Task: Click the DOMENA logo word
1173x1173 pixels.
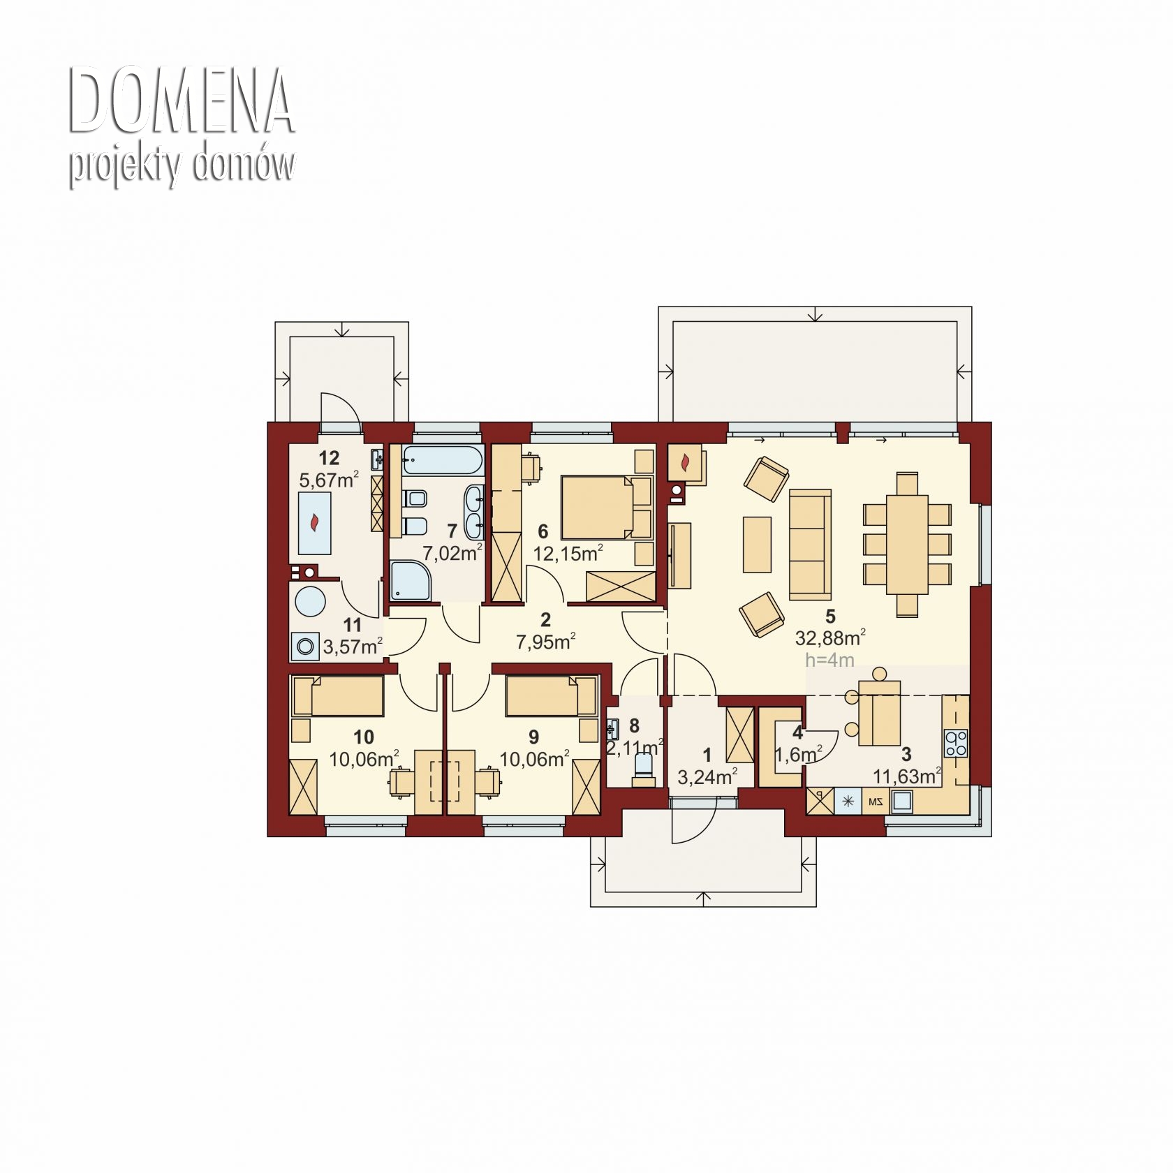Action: click(x=182, y=101)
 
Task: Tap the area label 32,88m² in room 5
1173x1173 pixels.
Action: click(x=830, y=637)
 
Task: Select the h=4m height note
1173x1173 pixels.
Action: click(x=829, y=660)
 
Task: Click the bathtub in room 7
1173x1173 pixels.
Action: click(x=442, y=461)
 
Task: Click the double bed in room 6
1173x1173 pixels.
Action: click(x=606, y=507)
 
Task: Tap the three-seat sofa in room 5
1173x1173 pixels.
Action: click(x=810, y=545)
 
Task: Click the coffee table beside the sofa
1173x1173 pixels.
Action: click(x=757, y=545)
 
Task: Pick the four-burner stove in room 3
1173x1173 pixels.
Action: click(x=956, y=743)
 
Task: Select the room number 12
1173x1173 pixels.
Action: click(x=329, y=458)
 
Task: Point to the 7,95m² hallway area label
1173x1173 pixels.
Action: click(x=545, y=641)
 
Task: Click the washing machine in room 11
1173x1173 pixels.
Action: click(x=305, y=646)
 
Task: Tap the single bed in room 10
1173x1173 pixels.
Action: click(x=338, y=695)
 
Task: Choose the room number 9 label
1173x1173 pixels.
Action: click(x=534, y=737)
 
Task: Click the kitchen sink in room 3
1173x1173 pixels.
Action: click(x=901, y=801)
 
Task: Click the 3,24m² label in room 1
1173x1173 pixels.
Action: click(x=707, y=776)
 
